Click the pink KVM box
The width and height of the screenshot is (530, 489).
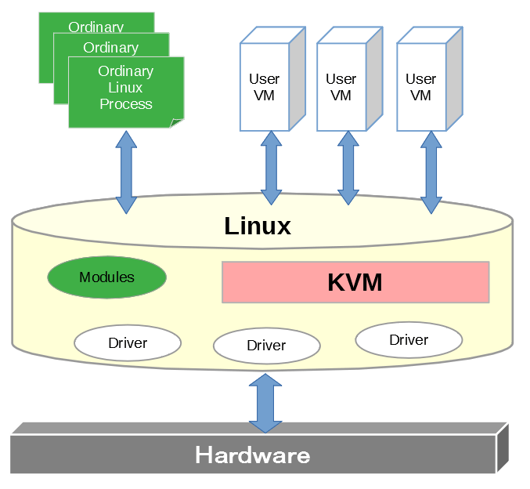coord(355,282)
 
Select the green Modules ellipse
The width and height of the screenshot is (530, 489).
coord(107,277)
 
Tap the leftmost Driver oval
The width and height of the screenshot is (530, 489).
coord(128,342)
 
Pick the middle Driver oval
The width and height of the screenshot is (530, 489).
coord(266,346)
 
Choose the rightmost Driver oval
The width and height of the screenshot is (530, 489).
coord(409,340)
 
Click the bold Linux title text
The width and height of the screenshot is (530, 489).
coord(258,226)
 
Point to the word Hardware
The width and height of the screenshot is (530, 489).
coord(252,455)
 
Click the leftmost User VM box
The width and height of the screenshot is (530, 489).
coord(264,87)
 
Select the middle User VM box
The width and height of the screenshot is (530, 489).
coord(341,87)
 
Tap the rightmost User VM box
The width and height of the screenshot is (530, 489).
coord(420,87)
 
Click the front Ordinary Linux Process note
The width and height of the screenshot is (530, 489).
coord(125,88)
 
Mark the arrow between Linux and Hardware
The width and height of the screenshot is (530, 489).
coord(265,403)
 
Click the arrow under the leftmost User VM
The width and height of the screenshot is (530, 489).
coord(271,168)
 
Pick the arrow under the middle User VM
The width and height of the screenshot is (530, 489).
coord(348,168)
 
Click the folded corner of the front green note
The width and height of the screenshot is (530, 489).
coord(178,122)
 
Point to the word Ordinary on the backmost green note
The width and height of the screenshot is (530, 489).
coord(96,27)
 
